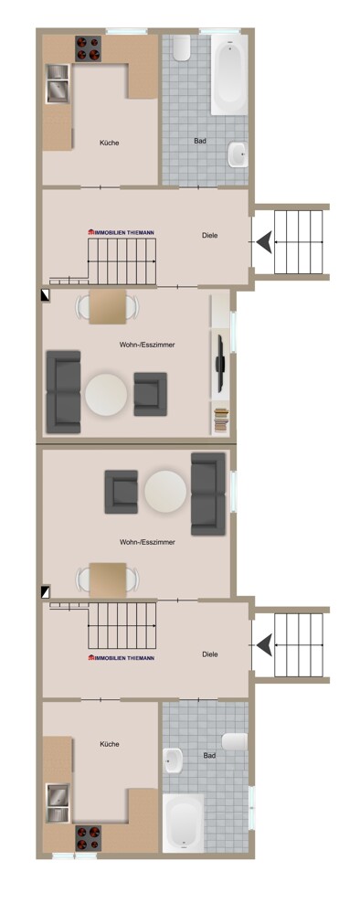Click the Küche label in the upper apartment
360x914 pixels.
point(110,143)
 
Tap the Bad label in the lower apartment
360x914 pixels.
point(210,756)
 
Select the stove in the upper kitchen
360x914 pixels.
point(89,48)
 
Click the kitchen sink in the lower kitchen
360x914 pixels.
point(58,801)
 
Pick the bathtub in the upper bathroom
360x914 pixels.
point(228,74)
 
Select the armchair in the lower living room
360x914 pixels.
point(122,492)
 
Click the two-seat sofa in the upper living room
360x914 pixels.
point(63,391)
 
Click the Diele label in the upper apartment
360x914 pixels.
point(210,236)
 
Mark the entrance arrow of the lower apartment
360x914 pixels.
point(263,645)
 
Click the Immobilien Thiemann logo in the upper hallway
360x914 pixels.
point(121,233)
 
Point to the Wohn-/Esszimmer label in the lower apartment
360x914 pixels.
point(147,542)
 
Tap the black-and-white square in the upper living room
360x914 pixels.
point(46,295)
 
